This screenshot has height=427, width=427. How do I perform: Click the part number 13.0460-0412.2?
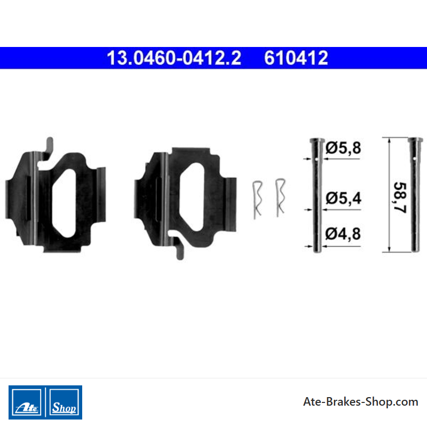pos(174,58)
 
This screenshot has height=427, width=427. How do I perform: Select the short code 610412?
pos(296,58)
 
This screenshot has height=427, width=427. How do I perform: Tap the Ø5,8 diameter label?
pos(343,148)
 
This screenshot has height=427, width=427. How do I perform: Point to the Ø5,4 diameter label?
pos(343,198)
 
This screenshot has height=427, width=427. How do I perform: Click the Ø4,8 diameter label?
pos(343,234)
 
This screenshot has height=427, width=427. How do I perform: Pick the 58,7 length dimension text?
pos(400,197)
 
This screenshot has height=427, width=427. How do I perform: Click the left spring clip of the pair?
pos(257,200)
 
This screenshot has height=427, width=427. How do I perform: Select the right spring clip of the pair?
pos(280,197)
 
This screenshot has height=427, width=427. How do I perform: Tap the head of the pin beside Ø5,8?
pos(317,141)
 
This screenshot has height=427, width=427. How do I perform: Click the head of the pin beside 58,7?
pos(415,140)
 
